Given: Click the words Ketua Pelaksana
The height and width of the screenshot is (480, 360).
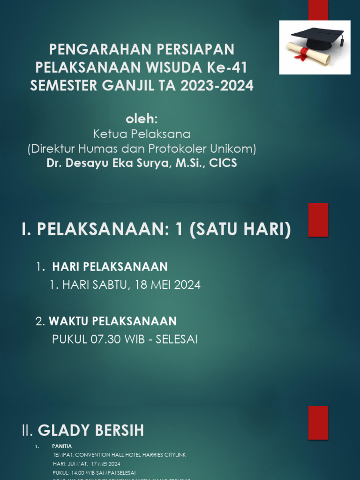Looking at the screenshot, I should point(142,134).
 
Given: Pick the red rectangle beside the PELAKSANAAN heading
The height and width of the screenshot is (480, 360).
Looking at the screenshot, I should point(318,220).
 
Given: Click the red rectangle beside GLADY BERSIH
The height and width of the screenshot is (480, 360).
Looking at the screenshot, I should point(318,423).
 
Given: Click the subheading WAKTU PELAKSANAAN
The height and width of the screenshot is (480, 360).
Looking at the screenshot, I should point(112,321).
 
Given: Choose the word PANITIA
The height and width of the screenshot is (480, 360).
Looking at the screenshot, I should point(62,446).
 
